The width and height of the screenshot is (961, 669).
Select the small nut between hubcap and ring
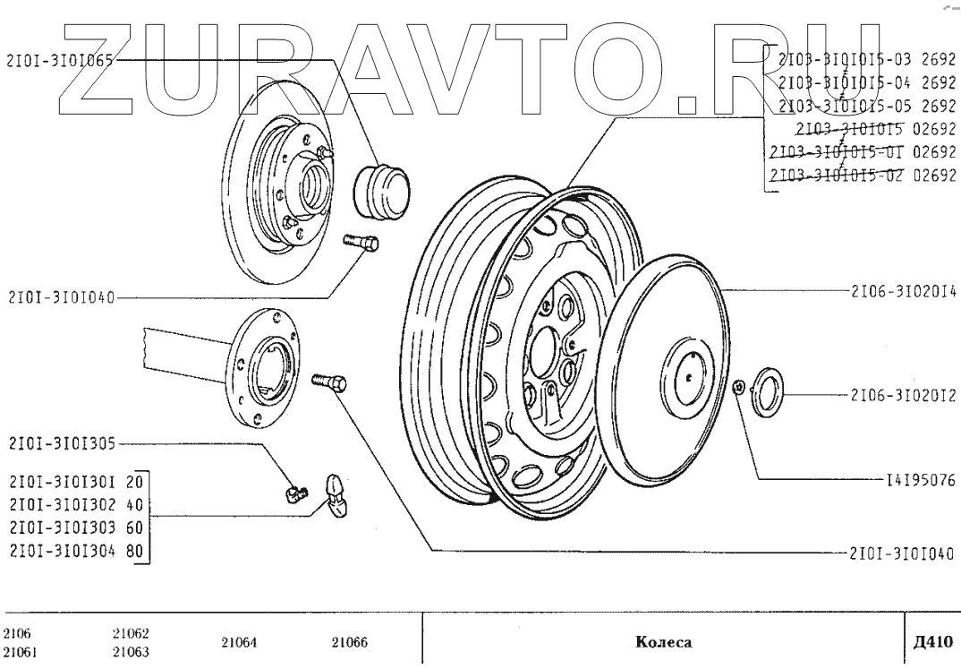click(736, 387)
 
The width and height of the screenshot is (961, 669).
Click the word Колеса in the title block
click(663, 642)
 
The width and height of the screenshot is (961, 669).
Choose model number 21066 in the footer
click(350, 642)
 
